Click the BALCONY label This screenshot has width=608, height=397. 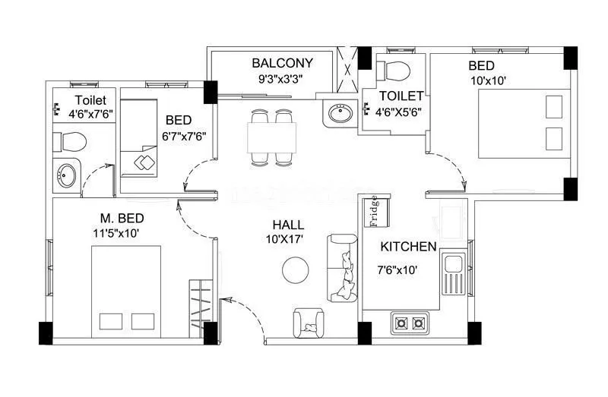[282, 62]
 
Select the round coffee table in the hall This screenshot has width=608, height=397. [295, 270]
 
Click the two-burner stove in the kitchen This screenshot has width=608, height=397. [410, 323]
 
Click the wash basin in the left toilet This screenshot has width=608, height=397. [66, 175]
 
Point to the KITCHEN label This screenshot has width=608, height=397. [408, 247]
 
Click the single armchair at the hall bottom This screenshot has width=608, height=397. [310, 324]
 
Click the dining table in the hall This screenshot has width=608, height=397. [271, 137]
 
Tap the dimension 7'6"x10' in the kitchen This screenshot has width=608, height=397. [399, 269]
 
